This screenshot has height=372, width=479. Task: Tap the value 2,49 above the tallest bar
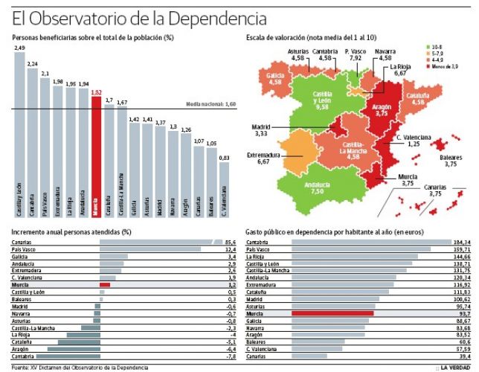[x=20, y=48]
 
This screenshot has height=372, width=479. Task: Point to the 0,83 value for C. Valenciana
[x=224, y=158]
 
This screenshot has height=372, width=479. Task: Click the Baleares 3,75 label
[x=446, y=161]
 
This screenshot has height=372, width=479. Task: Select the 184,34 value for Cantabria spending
[x=462, y=243]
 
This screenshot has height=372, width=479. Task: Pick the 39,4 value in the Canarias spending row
[x=465, y=357]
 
